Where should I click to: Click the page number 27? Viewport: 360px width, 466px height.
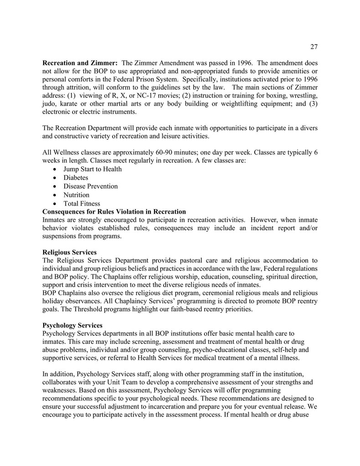(314, 47)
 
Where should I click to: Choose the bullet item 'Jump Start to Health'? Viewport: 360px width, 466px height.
(93, 169)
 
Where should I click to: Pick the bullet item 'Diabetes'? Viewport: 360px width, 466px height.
(76, 178)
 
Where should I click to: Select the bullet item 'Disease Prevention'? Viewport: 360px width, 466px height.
(90, 186)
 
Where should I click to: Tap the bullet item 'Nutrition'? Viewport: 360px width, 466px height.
(76, 195)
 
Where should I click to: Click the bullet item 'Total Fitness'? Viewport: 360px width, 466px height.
(82, 204)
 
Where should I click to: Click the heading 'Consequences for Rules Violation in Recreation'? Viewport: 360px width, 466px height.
(114, 211)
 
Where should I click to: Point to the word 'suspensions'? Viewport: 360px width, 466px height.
(60, 237)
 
